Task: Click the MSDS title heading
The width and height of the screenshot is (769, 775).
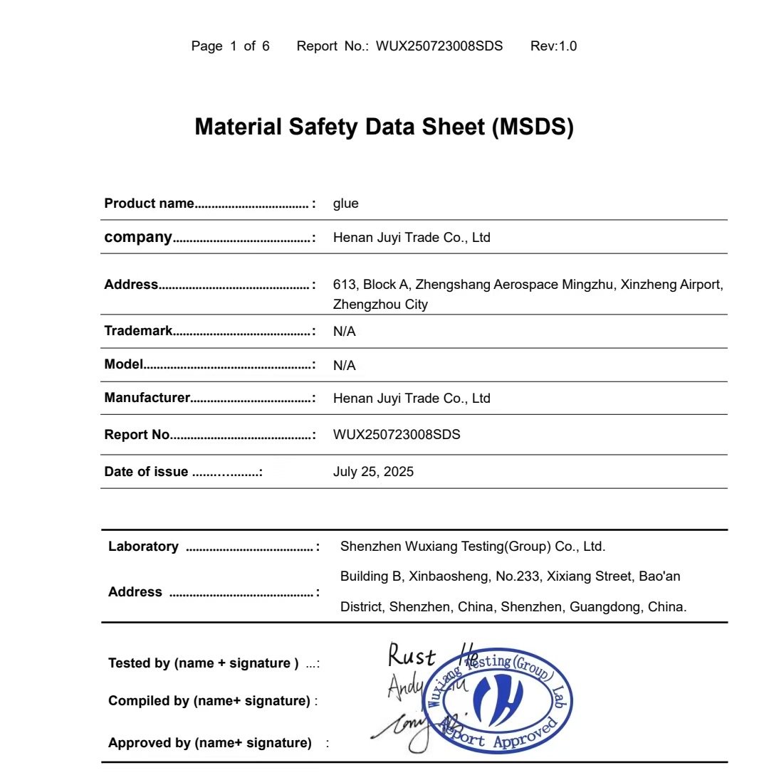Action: click(x=384, y=127)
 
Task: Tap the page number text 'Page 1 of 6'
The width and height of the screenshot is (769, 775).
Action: click(x=230, y=46)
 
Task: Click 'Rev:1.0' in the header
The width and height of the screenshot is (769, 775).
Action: click(x=553, y=46)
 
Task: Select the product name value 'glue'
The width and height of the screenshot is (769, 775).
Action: click(x=345, y=204)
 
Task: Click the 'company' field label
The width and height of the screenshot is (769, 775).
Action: click(x=138, y=237)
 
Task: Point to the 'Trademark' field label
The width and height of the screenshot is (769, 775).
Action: click(x=138, y=331)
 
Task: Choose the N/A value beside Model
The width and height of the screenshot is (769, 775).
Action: click(x=344, y=365)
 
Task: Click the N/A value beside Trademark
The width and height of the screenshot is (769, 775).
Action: click(x=344, y=332)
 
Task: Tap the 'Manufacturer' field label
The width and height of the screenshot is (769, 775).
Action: click(x=147, y=398)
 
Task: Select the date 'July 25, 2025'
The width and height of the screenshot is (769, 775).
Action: click(x=373, y=472)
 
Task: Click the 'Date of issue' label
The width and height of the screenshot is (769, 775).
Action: click(x=146, y=472)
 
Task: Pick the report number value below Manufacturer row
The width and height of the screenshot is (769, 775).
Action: click(x=397, y=435)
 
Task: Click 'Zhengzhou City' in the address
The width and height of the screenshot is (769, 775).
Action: click(x=380, y=305)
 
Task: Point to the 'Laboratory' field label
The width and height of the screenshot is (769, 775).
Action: click(x=143, y=547)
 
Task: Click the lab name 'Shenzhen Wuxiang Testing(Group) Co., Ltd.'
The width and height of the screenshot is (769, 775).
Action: click(x=473, y=547)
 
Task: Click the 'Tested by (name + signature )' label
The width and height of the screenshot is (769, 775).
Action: click(x=204, y=663)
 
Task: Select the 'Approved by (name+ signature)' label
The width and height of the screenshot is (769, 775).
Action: click(x=210, y=743)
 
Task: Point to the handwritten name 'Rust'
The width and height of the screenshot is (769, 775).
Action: click(x=411, y=655)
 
